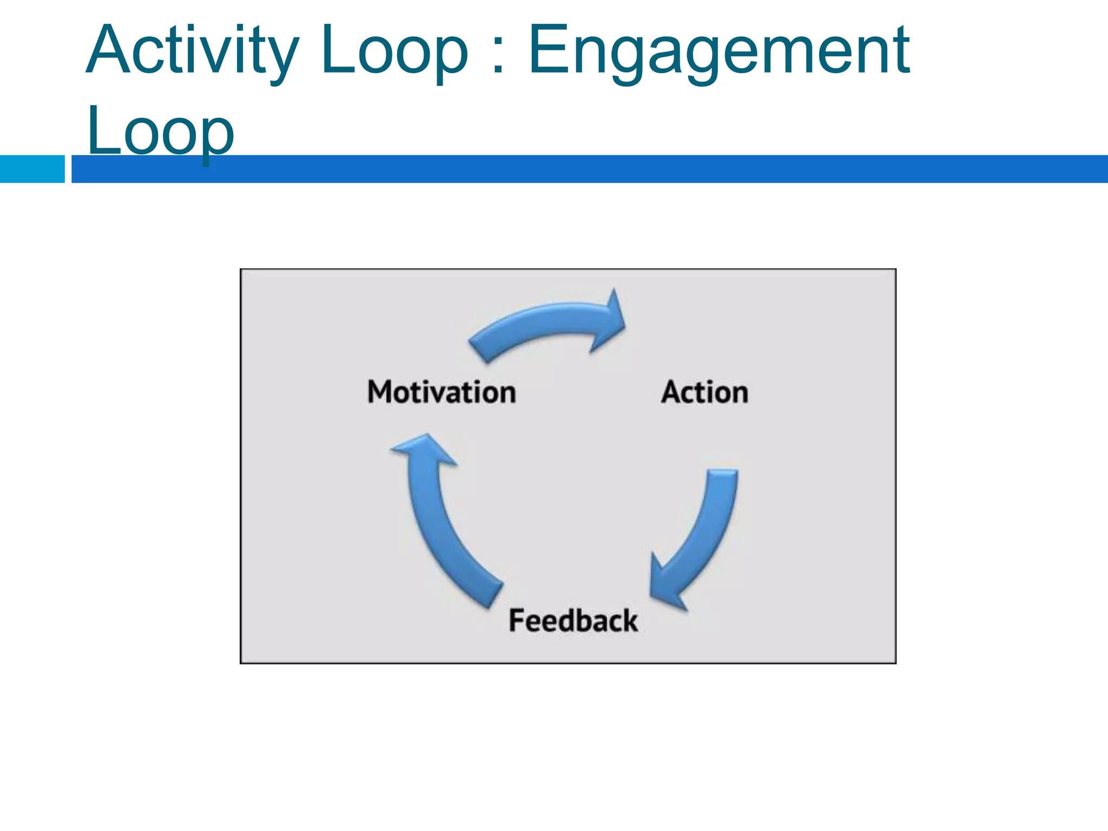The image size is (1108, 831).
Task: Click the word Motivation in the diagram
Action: point(441,392)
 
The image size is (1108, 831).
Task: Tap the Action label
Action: point(704,392)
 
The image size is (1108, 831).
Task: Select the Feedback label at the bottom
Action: point(573,620)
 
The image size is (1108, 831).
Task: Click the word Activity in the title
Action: point(192,51)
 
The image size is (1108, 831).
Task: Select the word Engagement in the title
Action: point(718,51)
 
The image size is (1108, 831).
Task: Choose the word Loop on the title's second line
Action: point(160,131)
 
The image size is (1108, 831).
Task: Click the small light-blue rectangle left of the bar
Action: point(32,169)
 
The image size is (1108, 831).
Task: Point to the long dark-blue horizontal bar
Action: point(590,169)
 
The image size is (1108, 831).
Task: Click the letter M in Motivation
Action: point(380,392)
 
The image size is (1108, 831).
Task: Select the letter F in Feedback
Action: point(517,620)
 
